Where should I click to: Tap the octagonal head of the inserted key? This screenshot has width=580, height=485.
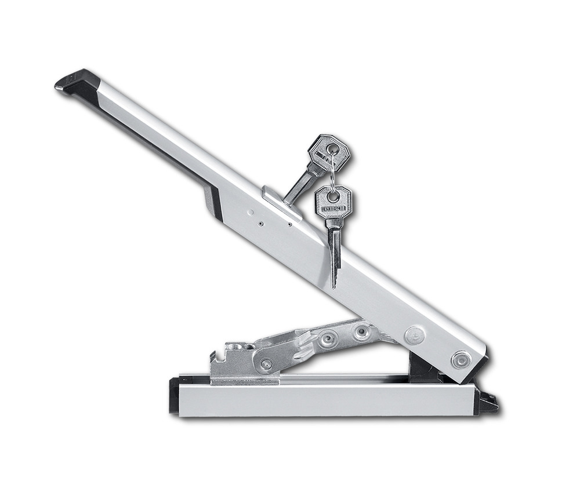point(328,152)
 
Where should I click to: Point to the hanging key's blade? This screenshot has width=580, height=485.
point(335,256)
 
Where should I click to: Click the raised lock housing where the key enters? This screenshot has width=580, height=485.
point(282,202)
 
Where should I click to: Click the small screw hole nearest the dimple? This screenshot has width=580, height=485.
point(261,223)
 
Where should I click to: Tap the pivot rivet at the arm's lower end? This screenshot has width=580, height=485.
point(461,360)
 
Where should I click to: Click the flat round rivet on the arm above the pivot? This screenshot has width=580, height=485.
point(414,336)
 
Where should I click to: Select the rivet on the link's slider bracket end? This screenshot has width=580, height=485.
point(266,364)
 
